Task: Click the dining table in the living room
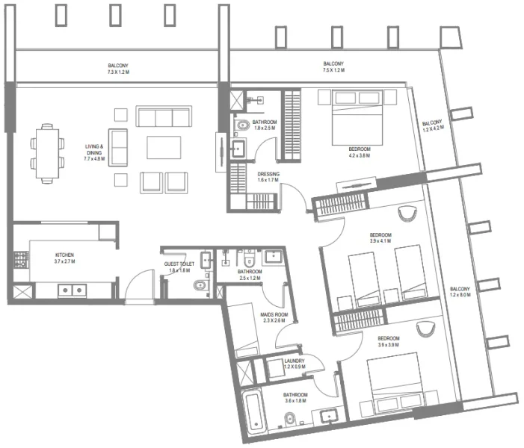click(x=46, y=153)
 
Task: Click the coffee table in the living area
click(x=164, y=147)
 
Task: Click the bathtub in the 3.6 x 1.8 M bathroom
click(x=253, y=416)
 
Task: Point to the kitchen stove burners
click(x=20, y=261)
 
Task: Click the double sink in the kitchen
click(x=72, y=290)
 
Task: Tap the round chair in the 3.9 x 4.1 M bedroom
click(x=407, y=214)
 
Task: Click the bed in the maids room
click(x=243, y=329)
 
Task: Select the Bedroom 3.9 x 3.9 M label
click(x=389, y=341)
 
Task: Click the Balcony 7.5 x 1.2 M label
click(x=333, y=68)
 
